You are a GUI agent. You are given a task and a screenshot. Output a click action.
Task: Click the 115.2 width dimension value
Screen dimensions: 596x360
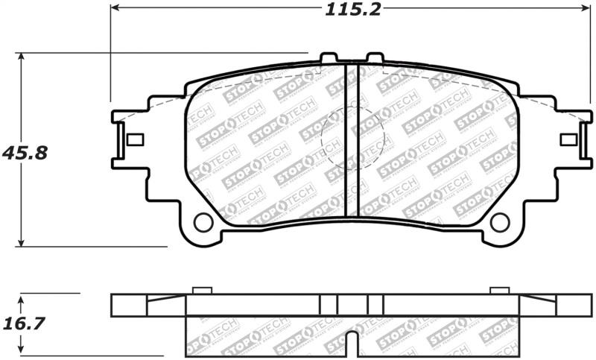352,10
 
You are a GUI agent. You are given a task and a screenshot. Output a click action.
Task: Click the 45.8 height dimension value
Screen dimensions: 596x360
25,154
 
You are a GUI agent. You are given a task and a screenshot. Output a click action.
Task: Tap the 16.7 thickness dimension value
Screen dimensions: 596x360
24,324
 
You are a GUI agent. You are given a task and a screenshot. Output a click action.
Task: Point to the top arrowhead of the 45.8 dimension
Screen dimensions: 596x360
22,57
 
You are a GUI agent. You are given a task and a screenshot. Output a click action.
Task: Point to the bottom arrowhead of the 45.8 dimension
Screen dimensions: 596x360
22,241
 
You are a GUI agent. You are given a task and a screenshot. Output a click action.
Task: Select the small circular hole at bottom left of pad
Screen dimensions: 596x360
203,222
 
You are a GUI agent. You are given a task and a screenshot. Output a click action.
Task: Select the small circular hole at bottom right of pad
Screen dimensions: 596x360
500,222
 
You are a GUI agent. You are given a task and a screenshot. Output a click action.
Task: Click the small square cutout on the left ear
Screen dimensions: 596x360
136,139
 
